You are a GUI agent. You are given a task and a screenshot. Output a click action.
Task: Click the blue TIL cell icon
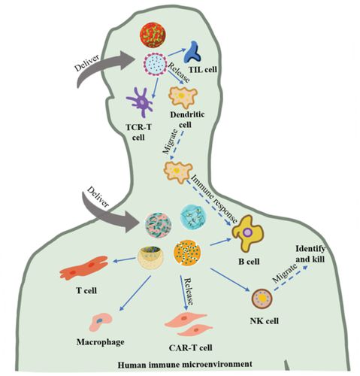point(192,53)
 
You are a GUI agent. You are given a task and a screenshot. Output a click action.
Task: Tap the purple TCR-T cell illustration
point(141,102)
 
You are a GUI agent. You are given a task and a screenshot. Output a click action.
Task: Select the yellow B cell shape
point(247,233)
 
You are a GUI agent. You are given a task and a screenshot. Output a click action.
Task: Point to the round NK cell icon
point(262,299)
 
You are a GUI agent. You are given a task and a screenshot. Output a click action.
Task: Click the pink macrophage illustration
point(101,322)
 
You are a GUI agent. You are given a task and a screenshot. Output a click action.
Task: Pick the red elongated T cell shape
point(84,268)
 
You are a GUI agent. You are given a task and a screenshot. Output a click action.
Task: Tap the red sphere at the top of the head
point(153,35)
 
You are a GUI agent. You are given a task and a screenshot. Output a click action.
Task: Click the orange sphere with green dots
point(187,253)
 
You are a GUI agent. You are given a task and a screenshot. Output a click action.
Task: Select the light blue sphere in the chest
point(193,217)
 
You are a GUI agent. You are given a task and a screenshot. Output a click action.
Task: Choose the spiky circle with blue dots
point(156,64)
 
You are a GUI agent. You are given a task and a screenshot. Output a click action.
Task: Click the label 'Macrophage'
point(100,342)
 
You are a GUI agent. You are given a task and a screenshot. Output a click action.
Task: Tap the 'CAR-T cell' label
point(190,348)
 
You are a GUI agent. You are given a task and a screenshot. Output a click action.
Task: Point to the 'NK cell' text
point(265,320)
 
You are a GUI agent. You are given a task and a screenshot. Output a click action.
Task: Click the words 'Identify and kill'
point(310,254)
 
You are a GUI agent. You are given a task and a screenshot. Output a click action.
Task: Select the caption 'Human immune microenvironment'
point(185,364)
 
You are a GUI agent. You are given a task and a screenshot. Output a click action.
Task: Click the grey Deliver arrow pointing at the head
point(105,65)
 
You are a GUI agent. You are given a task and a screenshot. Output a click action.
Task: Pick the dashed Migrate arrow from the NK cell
point(291,278)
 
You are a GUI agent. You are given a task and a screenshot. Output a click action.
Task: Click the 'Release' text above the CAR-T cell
point(189,291)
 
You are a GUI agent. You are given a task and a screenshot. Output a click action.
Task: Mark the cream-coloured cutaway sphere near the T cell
point(150,257)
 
